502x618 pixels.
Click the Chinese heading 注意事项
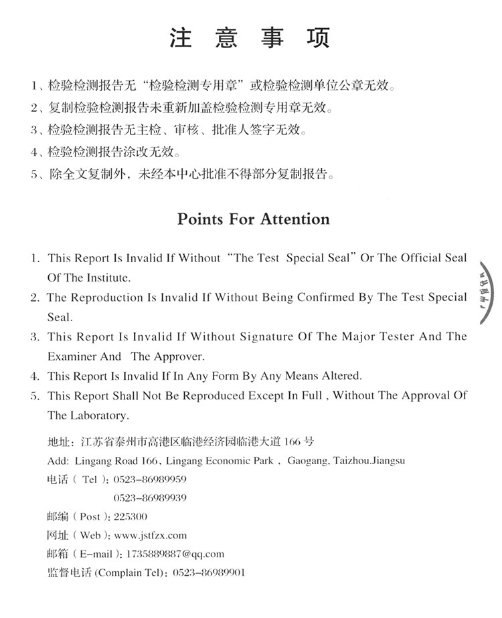coord(250,38)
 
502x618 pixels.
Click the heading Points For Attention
coord(253,219)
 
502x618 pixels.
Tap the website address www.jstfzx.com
coord(151,535)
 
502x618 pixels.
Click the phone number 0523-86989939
coord(150,498)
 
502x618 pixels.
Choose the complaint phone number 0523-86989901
coord(209,573)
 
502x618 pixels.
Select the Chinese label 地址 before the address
coord(58,441)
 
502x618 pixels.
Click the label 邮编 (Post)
coord(74,516)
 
